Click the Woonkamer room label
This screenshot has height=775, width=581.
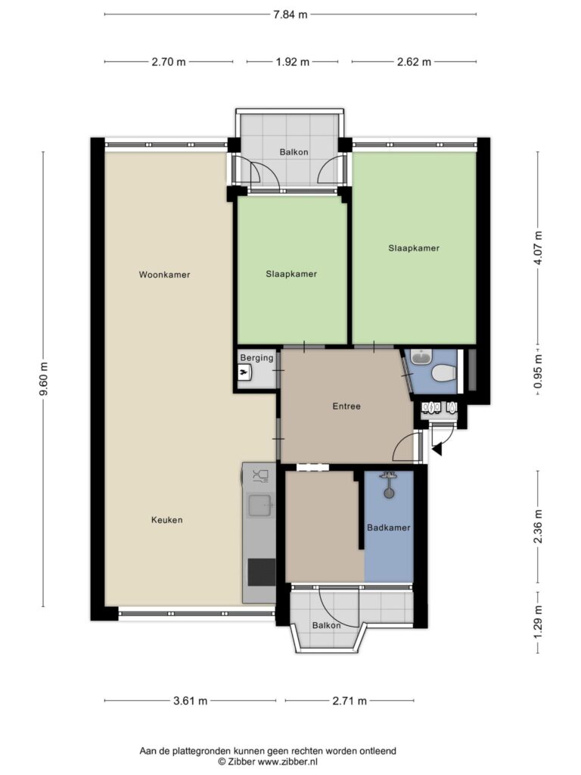click(x=164, y=275)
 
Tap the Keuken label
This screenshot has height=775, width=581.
click(x=167, y=520)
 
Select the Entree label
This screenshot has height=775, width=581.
click(x=346, y=406)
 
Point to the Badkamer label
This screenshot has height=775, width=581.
click(x=388, y=528)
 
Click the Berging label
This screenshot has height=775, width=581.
click(x=256, y=358)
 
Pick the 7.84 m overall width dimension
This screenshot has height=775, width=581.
click(x=290, y=14)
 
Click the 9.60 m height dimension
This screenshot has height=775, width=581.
click(x=44, y=379)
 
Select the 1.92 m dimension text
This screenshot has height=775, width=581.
click(x=293, y=62)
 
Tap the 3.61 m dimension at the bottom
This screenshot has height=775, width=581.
click(x=190, y=701)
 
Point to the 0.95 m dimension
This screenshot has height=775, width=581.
click(x=538, y=371)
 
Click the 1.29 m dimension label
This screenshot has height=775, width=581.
click(x=538, y=622)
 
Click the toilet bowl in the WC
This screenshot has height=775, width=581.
click(x=443, y=373)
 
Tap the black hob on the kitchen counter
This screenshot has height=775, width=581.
click(x=261, y=571)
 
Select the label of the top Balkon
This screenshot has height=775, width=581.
click(x=294, y=152)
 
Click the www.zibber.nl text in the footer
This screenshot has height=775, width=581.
click(x=287, y=761)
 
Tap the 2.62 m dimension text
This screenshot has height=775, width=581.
click(x=414, y=62)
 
